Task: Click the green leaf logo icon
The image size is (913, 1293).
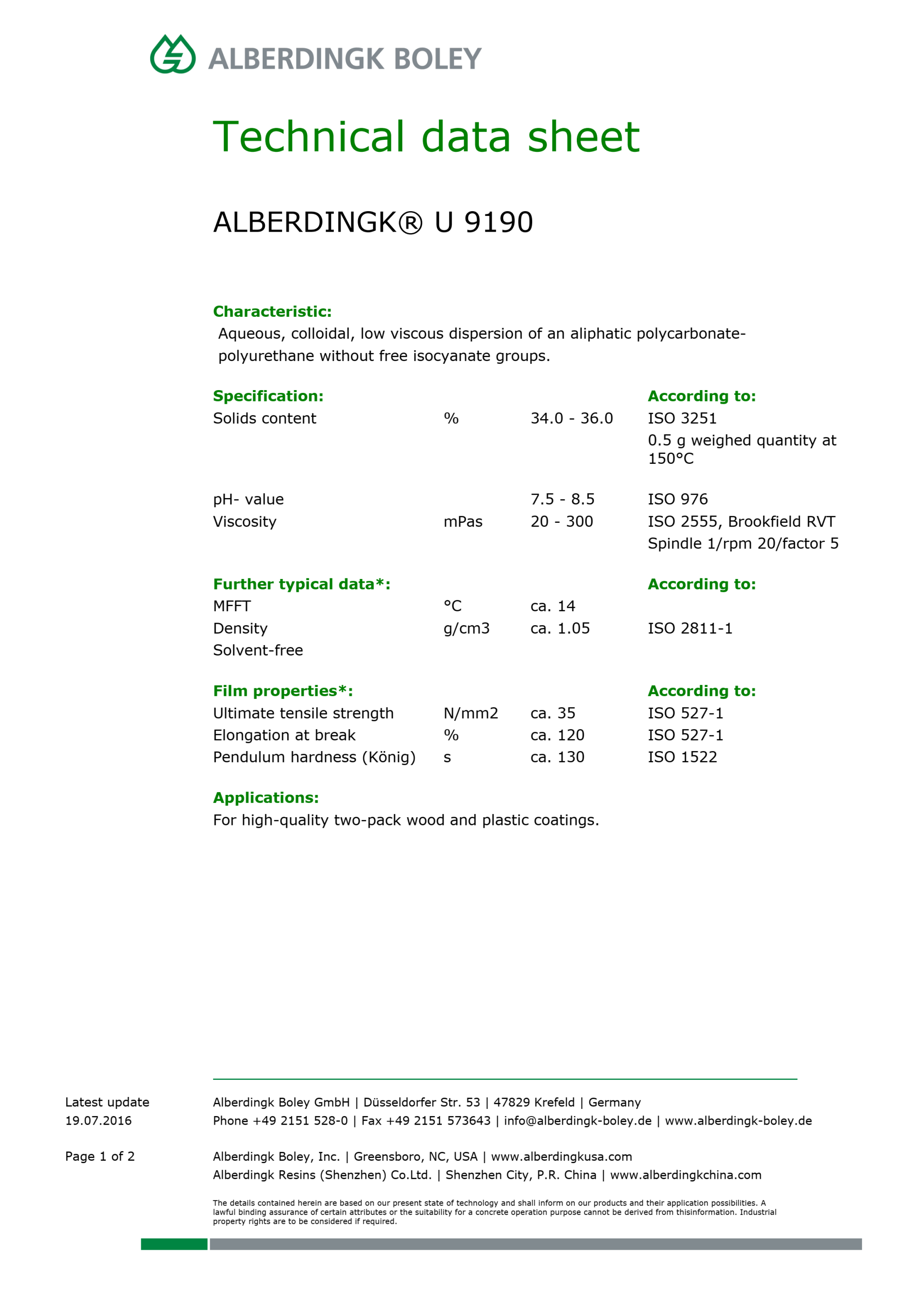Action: point(173,55)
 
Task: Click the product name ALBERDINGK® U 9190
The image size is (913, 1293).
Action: point(373,222)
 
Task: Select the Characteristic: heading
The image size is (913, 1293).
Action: point(272,312)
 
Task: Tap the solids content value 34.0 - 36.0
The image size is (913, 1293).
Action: point(571,419)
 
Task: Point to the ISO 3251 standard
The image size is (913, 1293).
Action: point(681,419)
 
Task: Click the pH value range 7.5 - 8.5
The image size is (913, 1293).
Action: point(563,499)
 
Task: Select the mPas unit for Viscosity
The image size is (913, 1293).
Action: point(463,521)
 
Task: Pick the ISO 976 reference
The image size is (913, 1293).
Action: point(677,499)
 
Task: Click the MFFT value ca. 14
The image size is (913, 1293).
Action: point(552,606)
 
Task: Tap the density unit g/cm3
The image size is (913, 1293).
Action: point(466,628)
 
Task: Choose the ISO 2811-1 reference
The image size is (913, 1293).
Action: point(690,628)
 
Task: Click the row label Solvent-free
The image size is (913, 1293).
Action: point(258,650)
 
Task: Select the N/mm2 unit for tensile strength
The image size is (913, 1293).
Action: point(471,714)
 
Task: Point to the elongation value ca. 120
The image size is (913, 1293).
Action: point(557,735)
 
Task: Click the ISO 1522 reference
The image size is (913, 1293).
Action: point(682,757)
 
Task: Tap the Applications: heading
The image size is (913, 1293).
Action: point(266,797)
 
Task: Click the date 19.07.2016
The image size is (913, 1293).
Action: point(98,1121)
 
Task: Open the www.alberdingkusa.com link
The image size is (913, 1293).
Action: point(561,1157)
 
